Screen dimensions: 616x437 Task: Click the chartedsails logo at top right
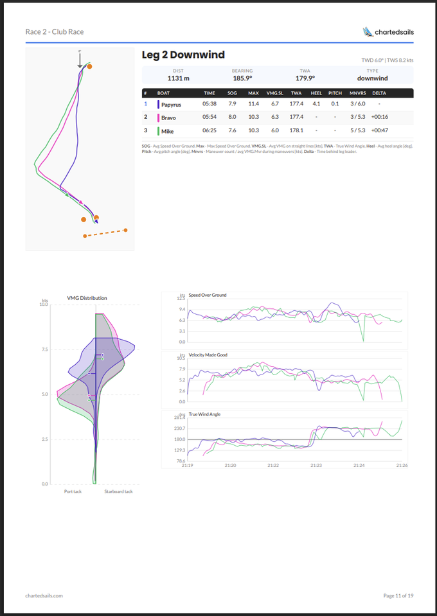point(388,31)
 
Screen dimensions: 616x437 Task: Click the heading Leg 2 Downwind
point(183,55)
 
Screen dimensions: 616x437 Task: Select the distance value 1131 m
point(178,78)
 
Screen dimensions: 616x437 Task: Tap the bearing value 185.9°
point(242,78)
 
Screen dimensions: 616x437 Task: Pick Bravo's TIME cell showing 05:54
point(210,117)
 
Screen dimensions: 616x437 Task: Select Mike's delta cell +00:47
point(379,130)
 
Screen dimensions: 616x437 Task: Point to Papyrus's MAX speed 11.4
point(254,103)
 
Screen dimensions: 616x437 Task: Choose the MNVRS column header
point(357,93)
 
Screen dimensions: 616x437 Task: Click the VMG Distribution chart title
point(87,298)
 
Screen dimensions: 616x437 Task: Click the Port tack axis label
point(72,492)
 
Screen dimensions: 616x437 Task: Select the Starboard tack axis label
point(118,492)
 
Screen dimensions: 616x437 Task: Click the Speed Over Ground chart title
point(207,295)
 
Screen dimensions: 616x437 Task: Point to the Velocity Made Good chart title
point(208,355)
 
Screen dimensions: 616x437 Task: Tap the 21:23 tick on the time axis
point(316,465)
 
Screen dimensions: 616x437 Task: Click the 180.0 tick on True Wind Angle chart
point(179,439)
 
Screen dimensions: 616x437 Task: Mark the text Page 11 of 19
point(398,595)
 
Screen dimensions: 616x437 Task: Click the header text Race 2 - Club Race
point(55,31)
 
